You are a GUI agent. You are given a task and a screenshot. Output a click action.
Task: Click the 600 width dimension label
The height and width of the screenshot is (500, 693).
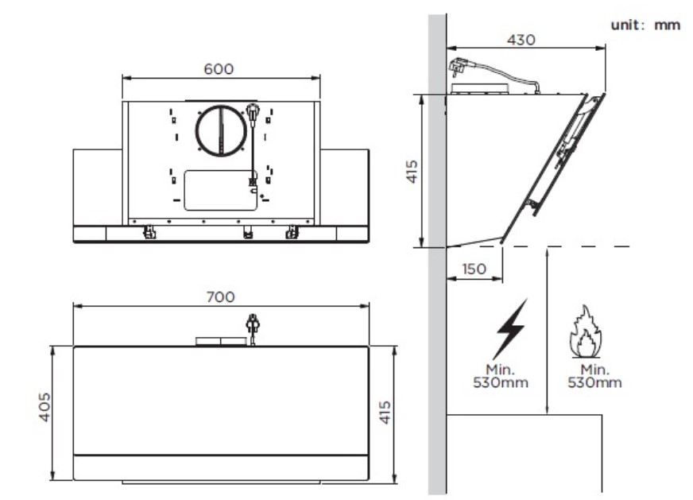click(219, 69)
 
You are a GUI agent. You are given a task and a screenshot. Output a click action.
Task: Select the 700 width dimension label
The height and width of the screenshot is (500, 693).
click(221, 297)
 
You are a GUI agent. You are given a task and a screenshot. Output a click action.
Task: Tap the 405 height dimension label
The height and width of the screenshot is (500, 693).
click(45, 407)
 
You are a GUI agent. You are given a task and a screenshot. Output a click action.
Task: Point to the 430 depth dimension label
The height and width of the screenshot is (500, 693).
click(521, 40)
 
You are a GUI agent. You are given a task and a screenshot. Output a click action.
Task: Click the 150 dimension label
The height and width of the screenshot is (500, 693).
click(474, 269)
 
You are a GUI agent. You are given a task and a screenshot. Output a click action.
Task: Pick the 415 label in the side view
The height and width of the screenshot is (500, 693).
click(412, 172)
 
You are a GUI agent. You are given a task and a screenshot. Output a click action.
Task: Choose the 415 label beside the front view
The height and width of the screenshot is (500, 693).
click(385, 413)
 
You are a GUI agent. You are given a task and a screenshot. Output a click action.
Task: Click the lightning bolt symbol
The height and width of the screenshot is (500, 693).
click(511, 329)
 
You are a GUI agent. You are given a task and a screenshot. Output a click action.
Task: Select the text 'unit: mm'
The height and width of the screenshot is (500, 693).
click(645, 25)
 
